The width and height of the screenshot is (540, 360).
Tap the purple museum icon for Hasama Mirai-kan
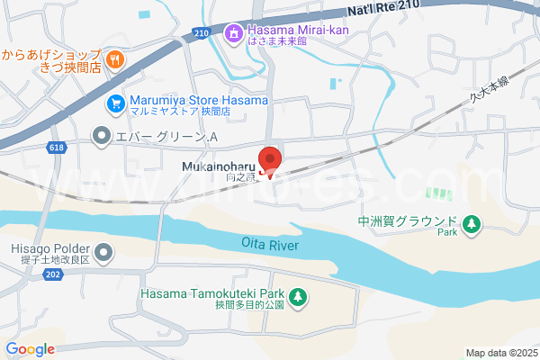click(234, 34)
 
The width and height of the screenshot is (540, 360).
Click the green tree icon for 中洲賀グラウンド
click(470, 223)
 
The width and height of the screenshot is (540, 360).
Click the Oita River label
click(269, 244)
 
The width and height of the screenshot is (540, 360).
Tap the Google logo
click(31, 349)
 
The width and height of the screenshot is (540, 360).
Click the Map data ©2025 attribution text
click(500, 352)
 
